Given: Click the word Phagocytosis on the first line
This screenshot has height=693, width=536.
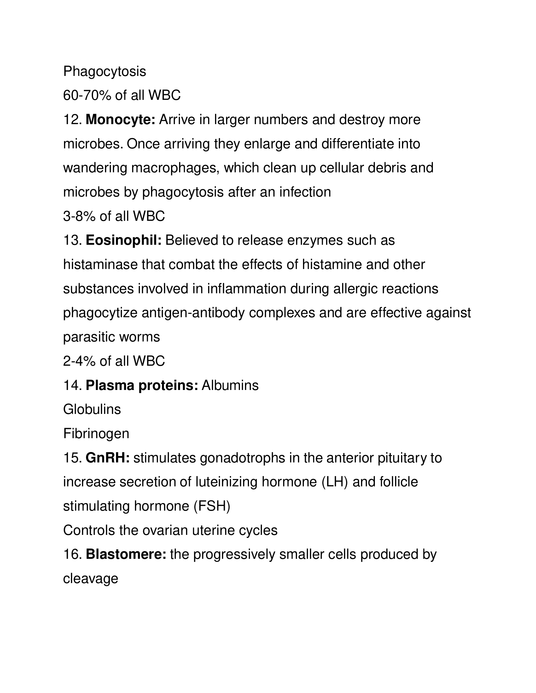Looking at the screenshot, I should [x=104, y=72].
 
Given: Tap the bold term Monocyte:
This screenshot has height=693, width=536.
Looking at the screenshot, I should [x=120, y=120].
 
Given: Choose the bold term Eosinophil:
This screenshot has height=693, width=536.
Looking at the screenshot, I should [x=124, y=241].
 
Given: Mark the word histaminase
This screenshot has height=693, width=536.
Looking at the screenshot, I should [x=100, y=265].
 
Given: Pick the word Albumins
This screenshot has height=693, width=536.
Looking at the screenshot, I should [x=230, y=386].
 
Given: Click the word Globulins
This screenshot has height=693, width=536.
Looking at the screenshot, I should [x=92, y=409].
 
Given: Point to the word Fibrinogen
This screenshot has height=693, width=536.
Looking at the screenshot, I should [x=96, y=434].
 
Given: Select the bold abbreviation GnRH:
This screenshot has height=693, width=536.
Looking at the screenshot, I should [x=108, y=458].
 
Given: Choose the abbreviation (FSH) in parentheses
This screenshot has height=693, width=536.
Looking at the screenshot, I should [x=212, y=506].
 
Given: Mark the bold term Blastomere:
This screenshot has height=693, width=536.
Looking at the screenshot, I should [x=126, y=554].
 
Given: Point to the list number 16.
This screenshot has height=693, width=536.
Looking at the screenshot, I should [x=73, y=554].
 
